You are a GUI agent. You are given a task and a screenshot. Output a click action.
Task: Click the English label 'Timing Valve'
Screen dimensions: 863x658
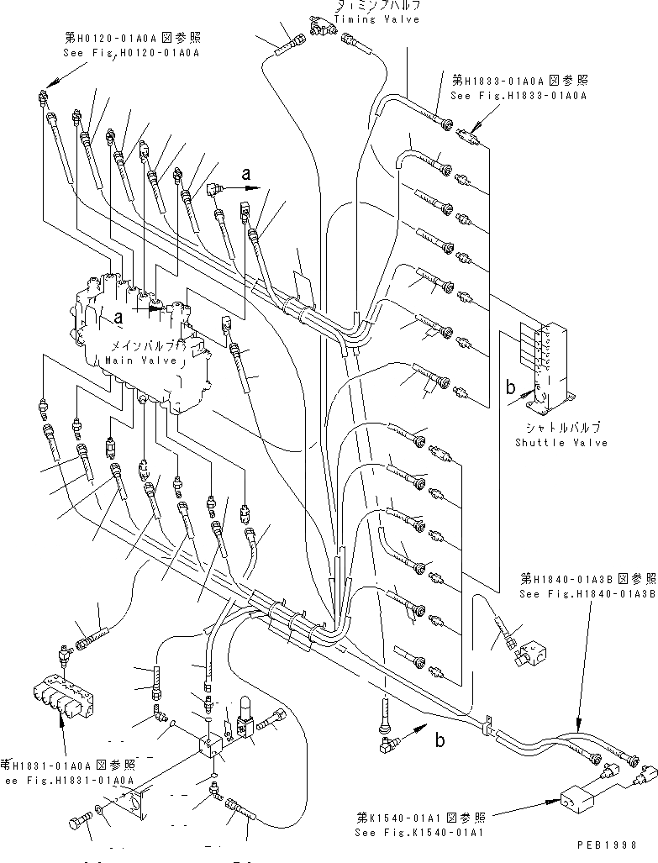(x=376, y=19)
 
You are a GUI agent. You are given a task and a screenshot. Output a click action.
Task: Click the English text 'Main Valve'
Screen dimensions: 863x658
(x=141, y=360)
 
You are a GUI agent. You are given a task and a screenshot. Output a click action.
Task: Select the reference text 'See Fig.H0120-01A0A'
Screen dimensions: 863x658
(x=132, y=52)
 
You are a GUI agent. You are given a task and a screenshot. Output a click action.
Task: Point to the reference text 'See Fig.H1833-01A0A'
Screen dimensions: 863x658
(x=518, y=96)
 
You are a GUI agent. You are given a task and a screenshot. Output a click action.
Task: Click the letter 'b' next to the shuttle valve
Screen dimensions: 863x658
(x=510, y=387)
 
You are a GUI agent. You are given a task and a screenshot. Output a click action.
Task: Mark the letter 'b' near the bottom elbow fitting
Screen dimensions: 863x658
(x=439, y=740)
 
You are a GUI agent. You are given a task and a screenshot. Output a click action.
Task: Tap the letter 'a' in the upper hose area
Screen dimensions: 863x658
(x=245, y=174)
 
